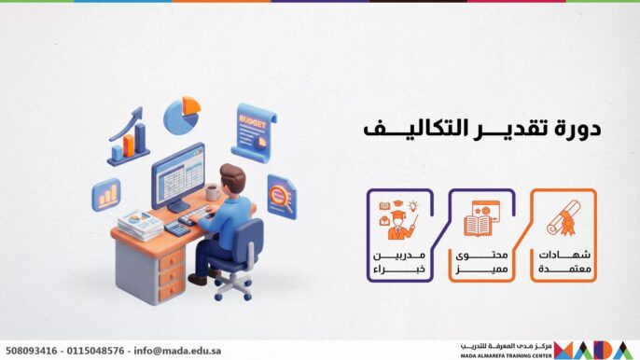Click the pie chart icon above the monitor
tap(182, 115)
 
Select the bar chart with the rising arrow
tap(128, 136)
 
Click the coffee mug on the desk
tap(212, 192)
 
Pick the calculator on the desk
tap(176, 228)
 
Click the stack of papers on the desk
tap(141, 224)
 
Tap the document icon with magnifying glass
tap(280, 196)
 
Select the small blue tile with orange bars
tap(106, 194)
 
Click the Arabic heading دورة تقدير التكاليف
tap(480, 130)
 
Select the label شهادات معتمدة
tap(565, 261)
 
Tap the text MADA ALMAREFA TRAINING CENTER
tap(505, 354)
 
